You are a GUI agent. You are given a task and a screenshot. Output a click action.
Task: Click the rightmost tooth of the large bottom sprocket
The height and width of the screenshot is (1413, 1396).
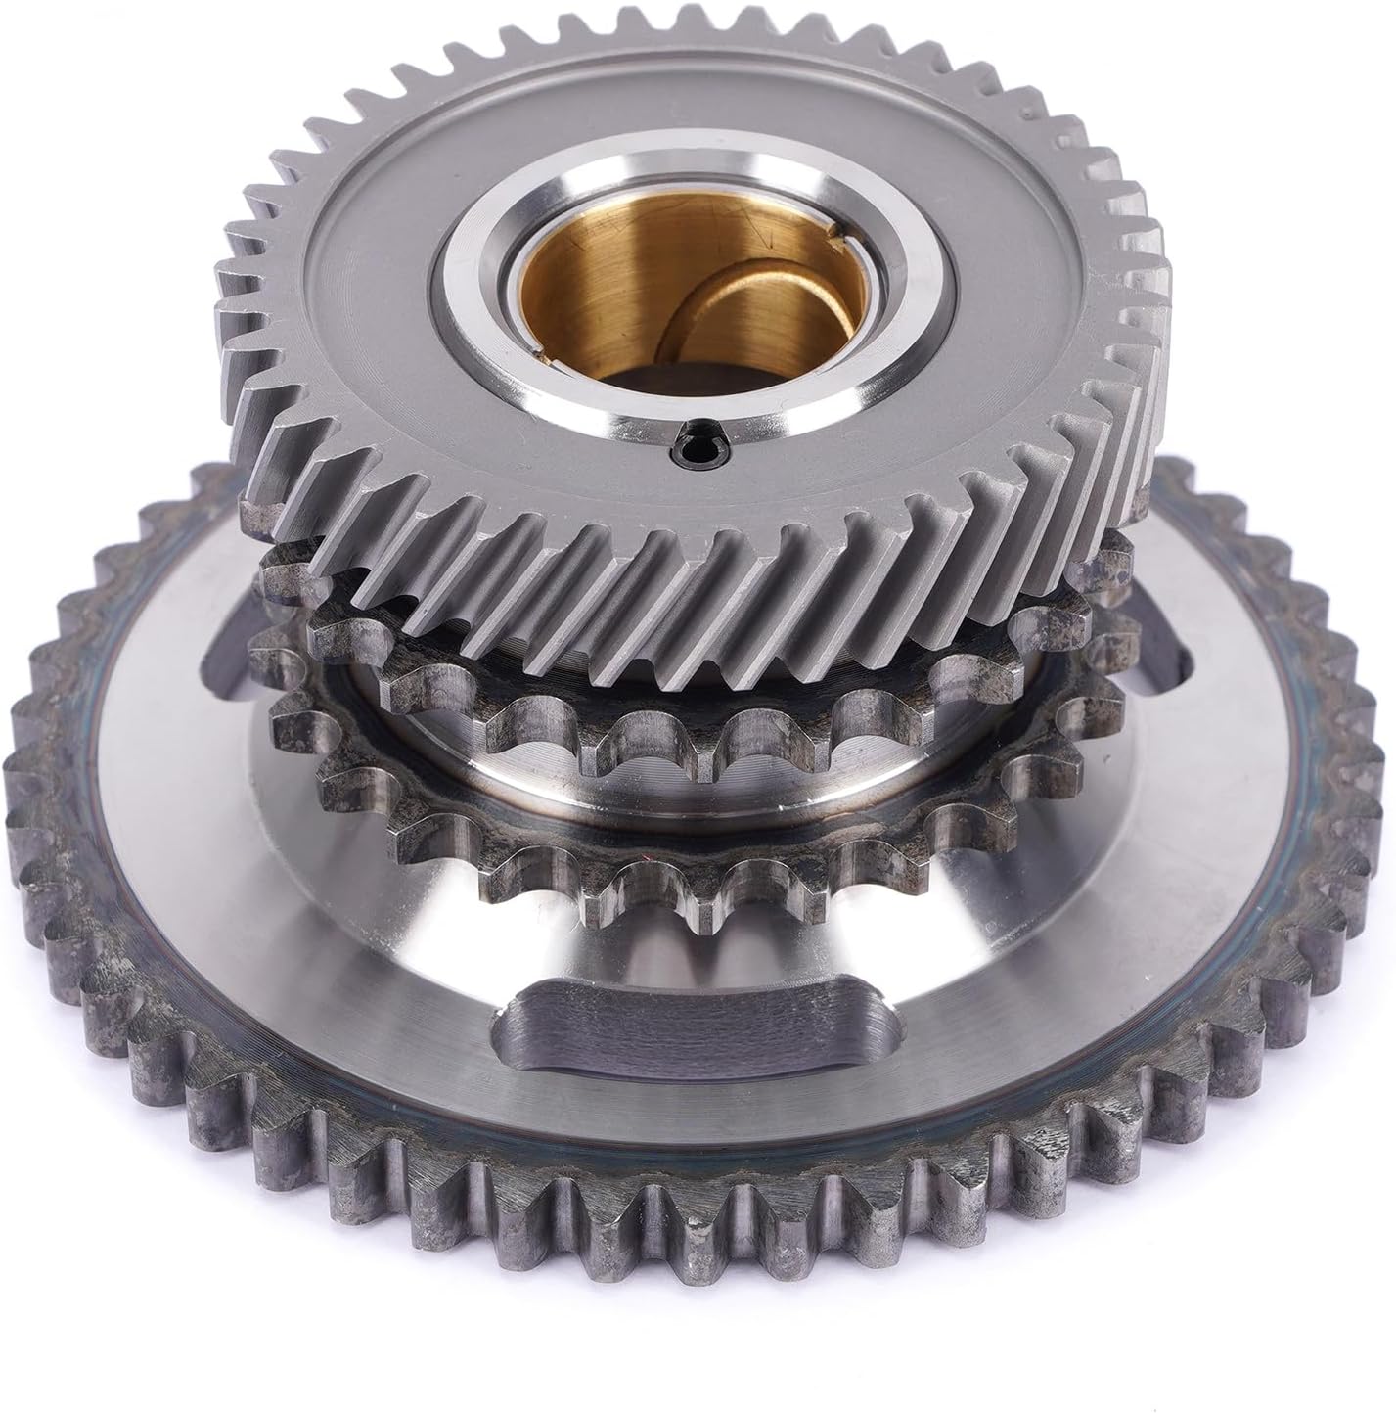coord(1374,783)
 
